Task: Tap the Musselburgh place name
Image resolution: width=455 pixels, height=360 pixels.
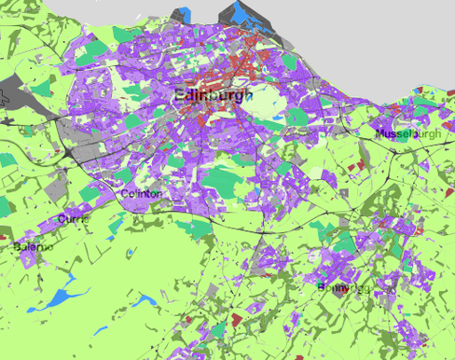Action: (x=407, y=135)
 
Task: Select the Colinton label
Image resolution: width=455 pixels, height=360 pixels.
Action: (x=142, y=194)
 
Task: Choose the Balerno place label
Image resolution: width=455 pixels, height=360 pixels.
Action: (x=34, y=248)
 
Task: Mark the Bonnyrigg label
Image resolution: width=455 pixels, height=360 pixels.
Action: (x=343, y=287)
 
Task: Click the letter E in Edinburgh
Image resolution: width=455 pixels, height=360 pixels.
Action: (x=180, y=94)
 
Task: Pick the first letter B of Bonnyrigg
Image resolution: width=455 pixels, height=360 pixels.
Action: (x=321, y=287)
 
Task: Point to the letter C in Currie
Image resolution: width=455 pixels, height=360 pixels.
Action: (x=62, y=218)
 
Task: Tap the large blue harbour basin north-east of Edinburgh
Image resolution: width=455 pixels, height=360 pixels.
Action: (x=248, y=13)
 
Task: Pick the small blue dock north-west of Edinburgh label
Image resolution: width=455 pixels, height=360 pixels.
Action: (x=183, y=14)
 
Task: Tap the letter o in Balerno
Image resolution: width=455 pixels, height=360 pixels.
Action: (x=50, y=248)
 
